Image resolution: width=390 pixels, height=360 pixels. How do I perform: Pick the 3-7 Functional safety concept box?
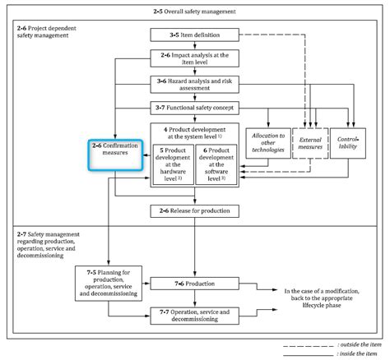tap(195, 108)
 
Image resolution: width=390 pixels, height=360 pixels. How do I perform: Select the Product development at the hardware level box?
tap(173, 163)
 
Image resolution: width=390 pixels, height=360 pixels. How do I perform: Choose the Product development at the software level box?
tap(217, 163)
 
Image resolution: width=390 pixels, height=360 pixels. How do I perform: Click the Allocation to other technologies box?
tap(267, 141)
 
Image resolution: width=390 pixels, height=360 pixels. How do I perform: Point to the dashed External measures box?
tap(309, 141)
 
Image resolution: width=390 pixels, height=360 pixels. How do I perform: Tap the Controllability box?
tap(348, 141)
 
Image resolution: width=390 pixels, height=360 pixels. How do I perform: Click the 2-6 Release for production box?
tap(195, 211)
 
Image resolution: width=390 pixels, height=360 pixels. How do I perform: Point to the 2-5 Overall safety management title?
tap(195, 13)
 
